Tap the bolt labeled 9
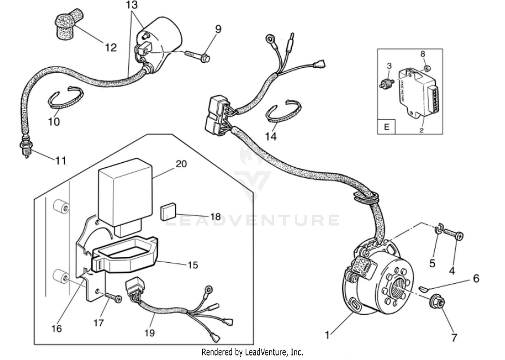pos(199,56)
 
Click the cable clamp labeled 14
pos(283,111)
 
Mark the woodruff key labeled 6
pos(423,288)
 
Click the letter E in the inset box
pos(386,127)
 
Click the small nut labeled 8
pos(427,69)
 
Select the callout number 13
pos(132,5)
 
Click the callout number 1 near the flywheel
pos(327,335)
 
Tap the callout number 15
pos(193,265)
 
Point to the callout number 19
pos(149,333)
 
